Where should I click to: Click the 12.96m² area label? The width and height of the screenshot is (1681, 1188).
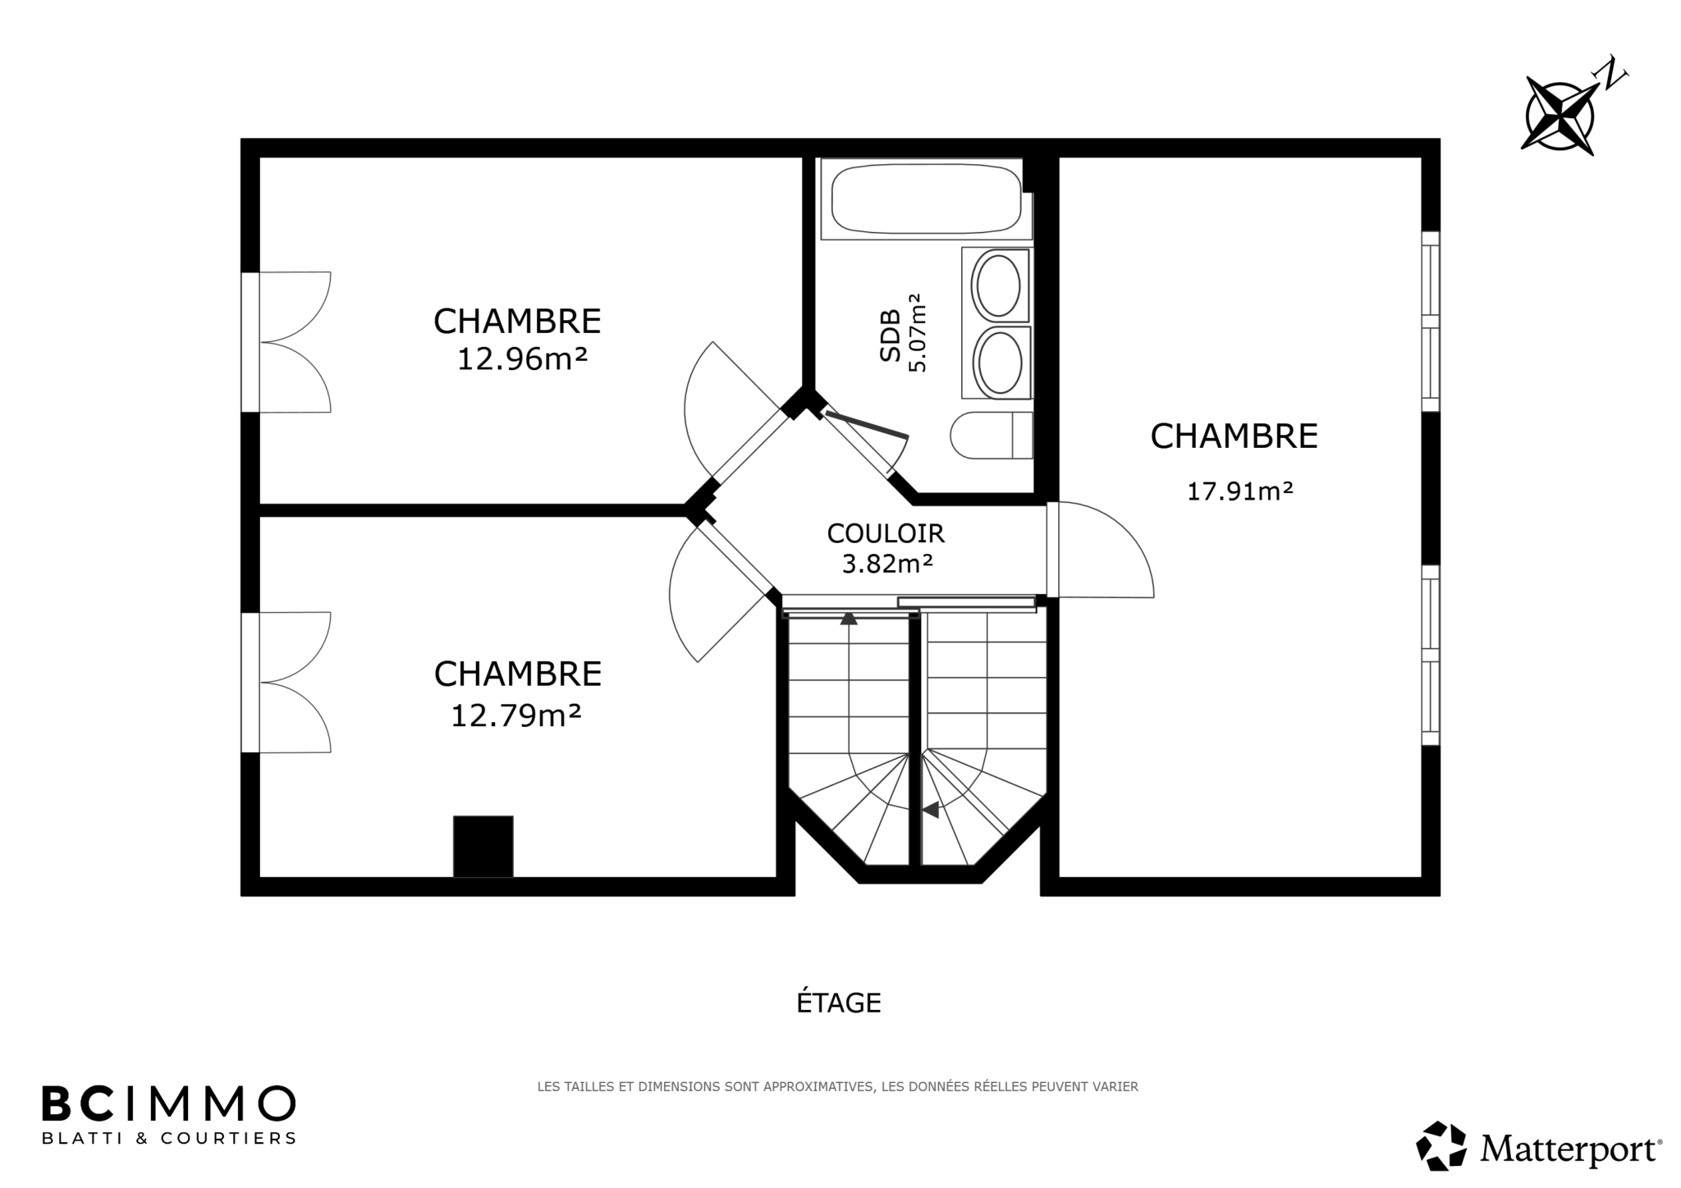pos(522,359)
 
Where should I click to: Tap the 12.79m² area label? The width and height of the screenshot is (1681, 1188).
pos(516,715)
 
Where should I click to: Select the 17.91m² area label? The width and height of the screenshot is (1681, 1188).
pos(1240,491)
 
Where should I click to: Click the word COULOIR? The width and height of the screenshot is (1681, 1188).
pos(886,533)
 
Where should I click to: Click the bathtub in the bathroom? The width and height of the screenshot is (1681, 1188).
pos(927,198)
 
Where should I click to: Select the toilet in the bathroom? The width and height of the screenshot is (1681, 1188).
pos(992,435)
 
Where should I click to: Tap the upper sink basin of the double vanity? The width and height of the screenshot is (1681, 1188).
pos(996,286)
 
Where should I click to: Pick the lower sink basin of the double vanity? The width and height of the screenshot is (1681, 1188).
pos(998,363)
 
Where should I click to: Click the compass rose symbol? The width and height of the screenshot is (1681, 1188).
pos(1559,114)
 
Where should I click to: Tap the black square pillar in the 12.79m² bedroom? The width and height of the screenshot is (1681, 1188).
pos(483,846)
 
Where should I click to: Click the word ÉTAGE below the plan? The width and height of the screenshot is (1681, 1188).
pos(839,1002)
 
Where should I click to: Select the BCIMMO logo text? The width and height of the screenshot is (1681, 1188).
pos(168,1103)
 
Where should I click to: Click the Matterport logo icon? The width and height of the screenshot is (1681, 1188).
pos(1441,1146)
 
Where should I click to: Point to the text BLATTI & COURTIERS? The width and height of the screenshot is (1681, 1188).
pos(168,1138)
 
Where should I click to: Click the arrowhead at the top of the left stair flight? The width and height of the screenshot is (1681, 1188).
pos(849,619)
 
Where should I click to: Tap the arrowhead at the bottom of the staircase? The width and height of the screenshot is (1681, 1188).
pos(930,810)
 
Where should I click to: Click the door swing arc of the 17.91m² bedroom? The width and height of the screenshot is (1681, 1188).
pos(1127,532)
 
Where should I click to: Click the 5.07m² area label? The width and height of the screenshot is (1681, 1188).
pos(917,332)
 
